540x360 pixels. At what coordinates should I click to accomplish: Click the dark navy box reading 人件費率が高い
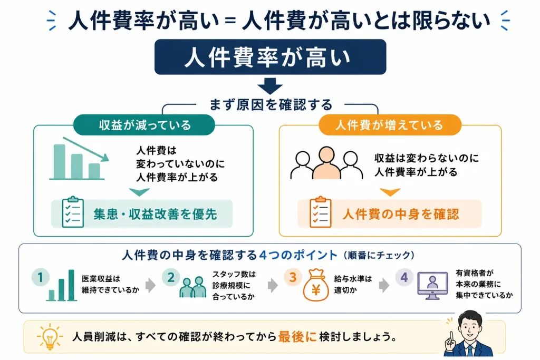(x=270, y=57)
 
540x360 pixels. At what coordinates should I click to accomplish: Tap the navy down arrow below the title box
(x=270, y=86)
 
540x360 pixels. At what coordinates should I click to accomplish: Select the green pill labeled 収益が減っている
(x=144, y=124)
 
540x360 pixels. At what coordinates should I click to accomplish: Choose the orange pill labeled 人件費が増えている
(x=390, y=124)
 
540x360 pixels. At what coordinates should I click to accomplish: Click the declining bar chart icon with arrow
(x=79, y=159)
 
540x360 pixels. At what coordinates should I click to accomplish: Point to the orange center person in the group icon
(x=326, y=163)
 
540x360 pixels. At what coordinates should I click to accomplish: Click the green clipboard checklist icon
(x=73, y=212)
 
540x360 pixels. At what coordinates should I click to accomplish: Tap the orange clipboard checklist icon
(x=320, y=212)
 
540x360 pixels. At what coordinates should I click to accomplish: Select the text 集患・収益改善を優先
(x=155, y=214)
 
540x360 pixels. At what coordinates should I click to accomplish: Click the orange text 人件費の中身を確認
(x=401, y=214)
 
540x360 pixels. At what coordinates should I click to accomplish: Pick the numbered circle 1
(x=40, y=277)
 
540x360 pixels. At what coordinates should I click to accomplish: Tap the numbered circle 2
(x=171, y=277)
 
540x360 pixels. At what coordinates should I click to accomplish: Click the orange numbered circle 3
(x=293, y=277)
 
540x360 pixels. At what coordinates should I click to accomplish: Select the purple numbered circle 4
(x=404, y=277)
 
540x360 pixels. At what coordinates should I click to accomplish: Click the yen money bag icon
(x=316, y=285)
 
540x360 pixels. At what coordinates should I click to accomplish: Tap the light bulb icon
(x=50, y=336)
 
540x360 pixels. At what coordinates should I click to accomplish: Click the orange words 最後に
(x=297, y=336)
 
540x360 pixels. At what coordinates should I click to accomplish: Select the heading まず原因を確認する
(x=271, y=104)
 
